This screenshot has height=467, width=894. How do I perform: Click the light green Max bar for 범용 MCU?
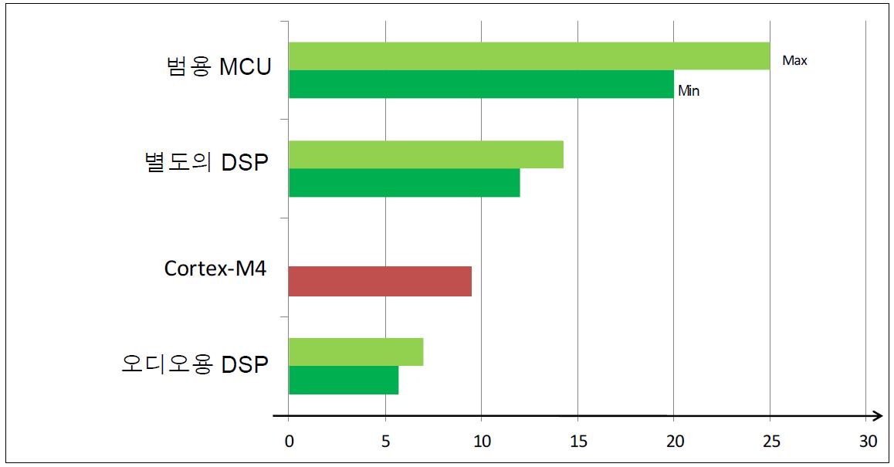[529, 56]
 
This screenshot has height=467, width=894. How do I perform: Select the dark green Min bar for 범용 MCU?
[481, 84]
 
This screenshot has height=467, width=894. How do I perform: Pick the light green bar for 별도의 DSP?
[425, 154]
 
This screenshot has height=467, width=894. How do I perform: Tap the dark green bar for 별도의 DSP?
[404, 183]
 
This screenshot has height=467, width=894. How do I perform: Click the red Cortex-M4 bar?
[380, 282]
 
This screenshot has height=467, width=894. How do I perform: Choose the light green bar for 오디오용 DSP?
[355, 352]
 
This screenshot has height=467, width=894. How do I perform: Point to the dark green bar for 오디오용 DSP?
[344, 380]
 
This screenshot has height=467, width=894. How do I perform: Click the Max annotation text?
[794, 60]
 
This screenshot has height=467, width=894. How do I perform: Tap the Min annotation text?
[689, 90]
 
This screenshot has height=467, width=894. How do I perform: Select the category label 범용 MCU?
[219, 67]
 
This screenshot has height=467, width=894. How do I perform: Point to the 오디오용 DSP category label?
[195, 364]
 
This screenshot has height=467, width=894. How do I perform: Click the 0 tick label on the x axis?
[289, 442]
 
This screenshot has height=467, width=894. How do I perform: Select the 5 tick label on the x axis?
[385, 442]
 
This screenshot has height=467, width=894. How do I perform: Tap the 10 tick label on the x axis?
[481, 442]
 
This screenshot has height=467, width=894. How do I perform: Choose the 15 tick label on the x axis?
[577, 442]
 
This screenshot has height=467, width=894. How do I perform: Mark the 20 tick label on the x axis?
[674, 442]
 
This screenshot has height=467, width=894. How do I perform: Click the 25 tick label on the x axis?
[770, 442]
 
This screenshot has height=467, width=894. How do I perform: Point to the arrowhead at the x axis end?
[877, 418]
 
